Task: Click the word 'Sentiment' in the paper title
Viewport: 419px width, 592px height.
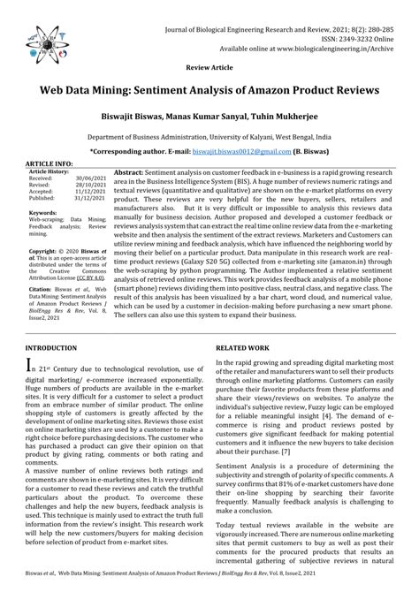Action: [x=187, y=91]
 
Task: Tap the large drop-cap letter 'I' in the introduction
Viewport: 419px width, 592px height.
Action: [x=31, y=366]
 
